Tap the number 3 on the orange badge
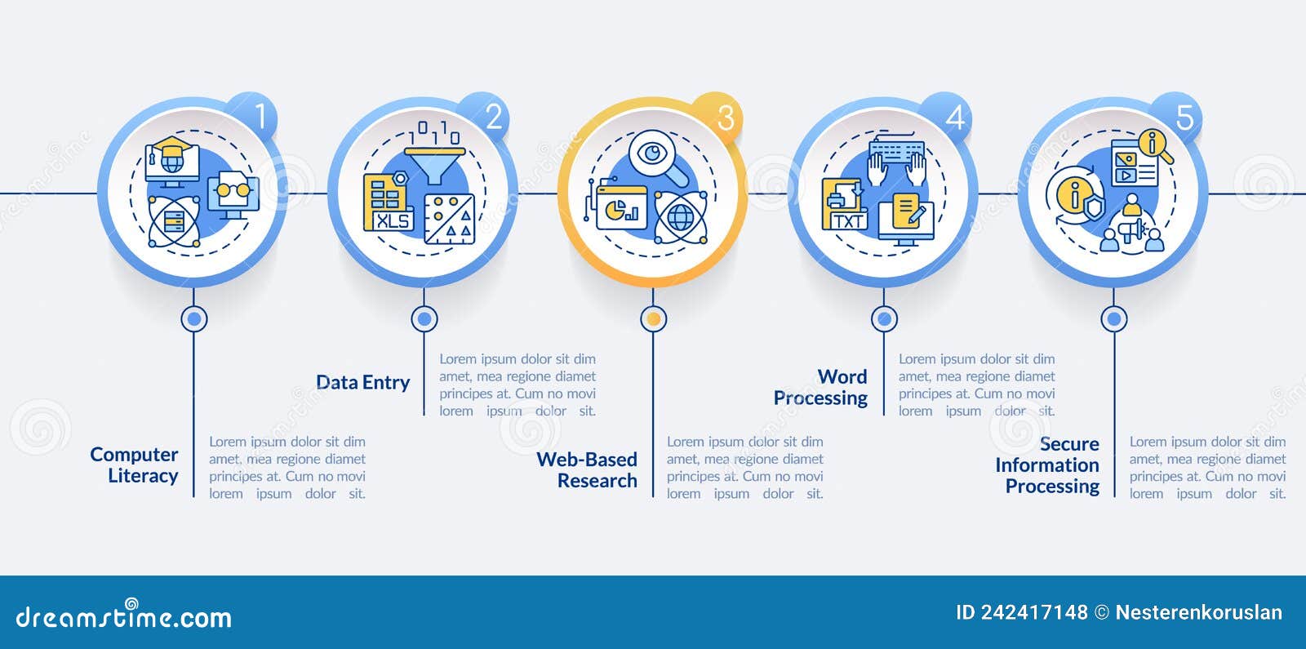pyautogui.click(x=726, y=118)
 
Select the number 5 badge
pyautogui.click(x=1179, y=116)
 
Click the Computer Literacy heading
pyautogui.click(x=134, y=465)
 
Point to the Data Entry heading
pyautogui.click(x=362, y=383)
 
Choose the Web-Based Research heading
pyautogui.click(x=587, y=470)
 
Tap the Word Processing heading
pyautogui.click(x=820, y=387)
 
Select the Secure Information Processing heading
pyautogui.click(x=1047, y=465)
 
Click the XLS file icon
pyautogui.click(x=388, y=202)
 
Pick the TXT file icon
pyautogui.click(x=845, y=204)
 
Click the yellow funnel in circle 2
pyautogui.click(x=434, y=165)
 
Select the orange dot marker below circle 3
pyautogui.click(x=654, y=319)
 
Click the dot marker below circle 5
pyautogui.click(x=1113, y=319)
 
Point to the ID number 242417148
pyautogui.click(x=1034, y=612)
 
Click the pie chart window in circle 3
pyautogui.click(x=621, y=207)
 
